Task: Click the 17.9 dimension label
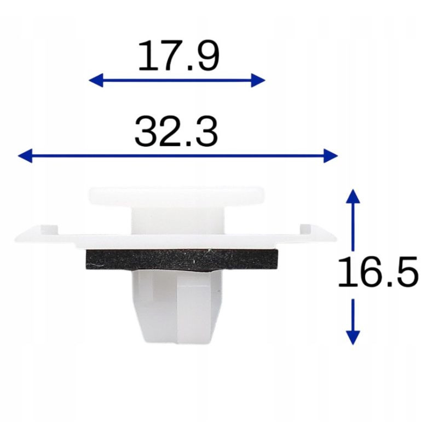[x=179, y=55]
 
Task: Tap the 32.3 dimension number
[x=176, y=131]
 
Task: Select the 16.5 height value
[x=378, y=272]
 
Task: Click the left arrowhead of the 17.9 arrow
[x=96, y=80]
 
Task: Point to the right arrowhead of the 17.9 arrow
[x=258, y=80]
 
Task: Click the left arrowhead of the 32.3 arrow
[x=25, y=155]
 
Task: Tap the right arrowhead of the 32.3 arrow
[x=331, y=155]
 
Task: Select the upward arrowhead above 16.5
[x=353, y=196]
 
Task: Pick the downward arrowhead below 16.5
[x=353, y=338]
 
